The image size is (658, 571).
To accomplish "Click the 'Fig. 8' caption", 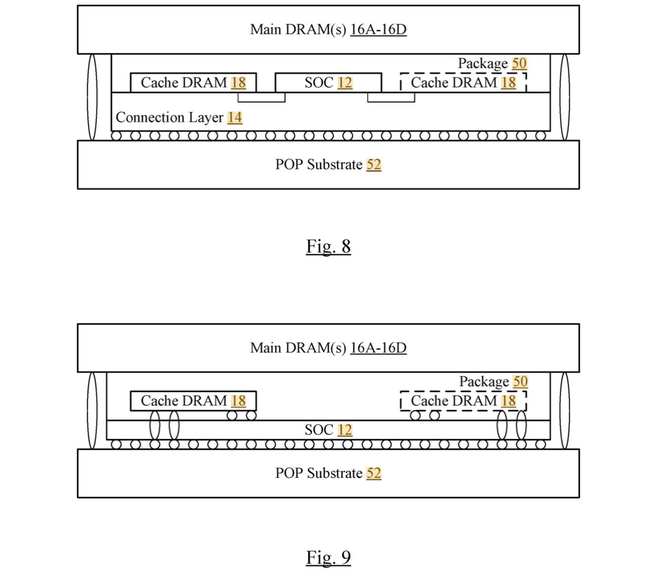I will tap(328, 246).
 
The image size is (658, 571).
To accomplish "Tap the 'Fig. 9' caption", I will tap(328, 557).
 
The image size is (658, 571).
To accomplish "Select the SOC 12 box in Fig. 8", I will tap(328, 83).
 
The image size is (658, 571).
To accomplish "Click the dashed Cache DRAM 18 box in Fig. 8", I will tap(463, 83).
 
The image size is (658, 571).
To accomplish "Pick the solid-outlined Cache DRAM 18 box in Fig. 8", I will tap(193, 83).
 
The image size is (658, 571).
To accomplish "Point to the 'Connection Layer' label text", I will tap(169, 117).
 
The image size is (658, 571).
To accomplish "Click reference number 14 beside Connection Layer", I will tap(235, 117).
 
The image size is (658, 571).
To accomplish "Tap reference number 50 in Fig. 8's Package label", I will tap(519, 63).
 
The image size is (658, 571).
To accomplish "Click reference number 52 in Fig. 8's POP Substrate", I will tap(374, 165).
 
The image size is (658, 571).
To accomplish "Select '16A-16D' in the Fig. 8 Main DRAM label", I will tap(378, 29).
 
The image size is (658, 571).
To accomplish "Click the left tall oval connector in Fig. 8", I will tap(92, 97).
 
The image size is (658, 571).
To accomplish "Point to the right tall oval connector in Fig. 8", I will tap(565, 97).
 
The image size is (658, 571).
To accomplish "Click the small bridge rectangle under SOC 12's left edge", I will tap(261, 98).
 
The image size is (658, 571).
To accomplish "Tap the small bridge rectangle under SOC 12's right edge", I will tap(391, 98).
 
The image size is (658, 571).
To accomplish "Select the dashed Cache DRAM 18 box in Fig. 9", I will tap(463, 401).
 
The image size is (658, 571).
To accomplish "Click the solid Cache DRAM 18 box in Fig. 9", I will tap(193, 401).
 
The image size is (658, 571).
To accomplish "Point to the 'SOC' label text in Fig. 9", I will tap(319, 430).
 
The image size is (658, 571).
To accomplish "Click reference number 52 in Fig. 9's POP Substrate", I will tap(374, 473).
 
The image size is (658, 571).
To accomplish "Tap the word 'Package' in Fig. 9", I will tap(484, 382).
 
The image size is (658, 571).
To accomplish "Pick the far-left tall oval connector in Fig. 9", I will tap(92, 410).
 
